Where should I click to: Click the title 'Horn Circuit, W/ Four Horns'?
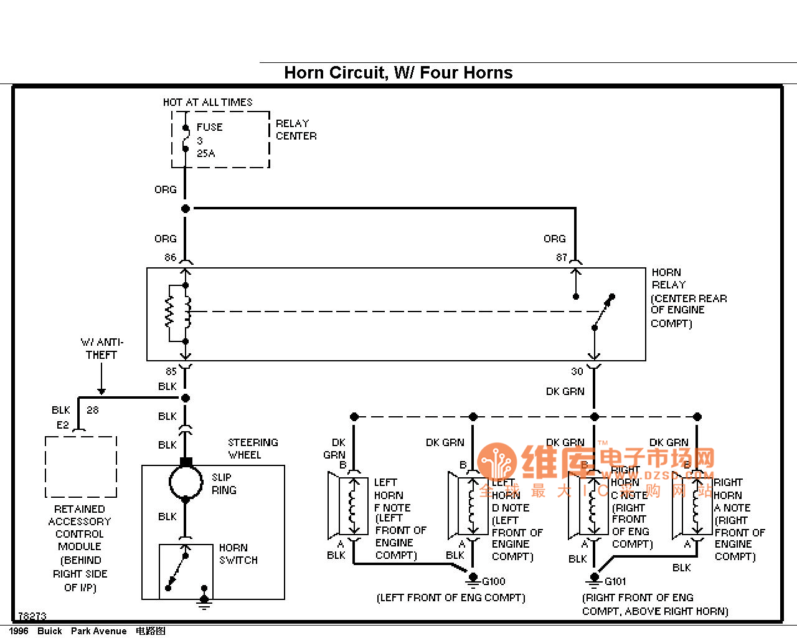(x=398, y=73)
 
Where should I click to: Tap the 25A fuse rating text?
(x=206, y=153)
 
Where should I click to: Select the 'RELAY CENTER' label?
(x=296, y=130)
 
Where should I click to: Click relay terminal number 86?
(x=170, y=257)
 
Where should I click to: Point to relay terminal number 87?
(x=562, y=257)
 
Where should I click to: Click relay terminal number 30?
(x=577, y=371)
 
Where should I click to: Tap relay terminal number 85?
(x=171, y=371)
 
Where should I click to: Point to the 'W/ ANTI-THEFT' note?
(x=101, y=348)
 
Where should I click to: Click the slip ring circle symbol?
(x=186, y=482)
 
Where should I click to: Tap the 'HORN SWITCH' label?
(x=238, y=554)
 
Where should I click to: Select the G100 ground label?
(x=494, y=581)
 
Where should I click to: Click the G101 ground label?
(x=615, y=581)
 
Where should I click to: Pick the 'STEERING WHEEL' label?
(x=252, y=449)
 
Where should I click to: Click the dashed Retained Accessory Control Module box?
(x=81, y=467)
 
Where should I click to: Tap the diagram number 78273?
(x=32, y=616)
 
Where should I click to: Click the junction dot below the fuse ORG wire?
(x=186, y=209)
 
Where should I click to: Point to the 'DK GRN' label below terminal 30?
(x=565, y=391)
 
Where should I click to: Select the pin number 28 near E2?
(x=93, y=410)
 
